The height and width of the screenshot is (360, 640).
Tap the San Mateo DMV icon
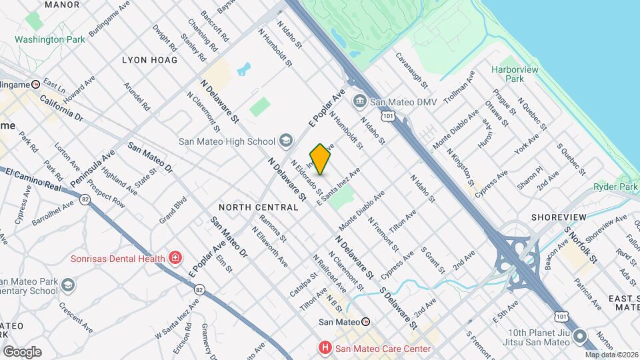[360, 102]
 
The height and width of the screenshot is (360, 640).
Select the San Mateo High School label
[227, 141]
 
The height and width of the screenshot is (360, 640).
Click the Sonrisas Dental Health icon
[175, 257]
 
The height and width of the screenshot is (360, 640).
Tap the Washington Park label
[50, 39]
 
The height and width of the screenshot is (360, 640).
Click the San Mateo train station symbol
[365, 321]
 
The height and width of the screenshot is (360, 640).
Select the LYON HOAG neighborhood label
[150, 60]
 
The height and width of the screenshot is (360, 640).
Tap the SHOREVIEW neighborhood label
[559, 217]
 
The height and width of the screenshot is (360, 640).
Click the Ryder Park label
[616, 187]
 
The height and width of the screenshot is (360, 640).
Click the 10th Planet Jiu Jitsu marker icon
[579, 337]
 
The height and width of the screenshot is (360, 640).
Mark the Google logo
[22, 351]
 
